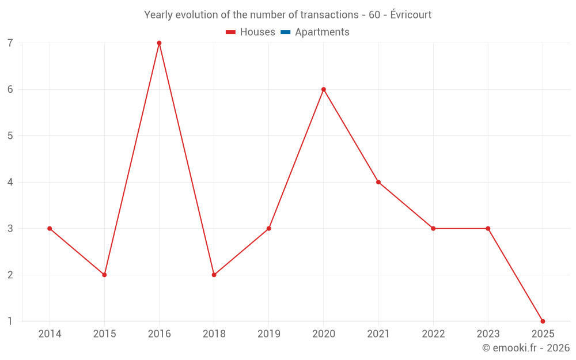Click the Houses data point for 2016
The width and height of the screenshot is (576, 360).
tap(159, 43)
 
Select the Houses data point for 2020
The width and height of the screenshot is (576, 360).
tap(324, 89)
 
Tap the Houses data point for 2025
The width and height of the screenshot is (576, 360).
tap(543, 321)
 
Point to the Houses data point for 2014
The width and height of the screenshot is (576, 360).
tap(50, 229)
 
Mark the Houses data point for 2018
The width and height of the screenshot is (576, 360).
tap(214, 275)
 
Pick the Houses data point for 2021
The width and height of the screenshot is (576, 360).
tap(378, 182)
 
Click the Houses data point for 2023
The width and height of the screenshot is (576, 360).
tap(488, 229)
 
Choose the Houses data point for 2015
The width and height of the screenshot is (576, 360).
tap(104, 275)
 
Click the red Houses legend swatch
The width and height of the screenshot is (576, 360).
tap(231, 32)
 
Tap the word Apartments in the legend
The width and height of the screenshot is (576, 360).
tap(322, 32)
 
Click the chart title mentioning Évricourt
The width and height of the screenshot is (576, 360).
tap(287, 15)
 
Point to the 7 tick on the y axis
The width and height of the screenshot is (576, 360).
tap(10, 43)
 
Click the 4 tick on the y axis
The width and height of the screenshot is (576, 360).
tap(10, 182)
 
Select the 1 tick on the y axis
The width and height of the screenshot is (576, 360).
tap(10, 321)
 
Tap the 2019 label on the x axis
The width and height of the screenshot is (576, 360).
tap(268, 334)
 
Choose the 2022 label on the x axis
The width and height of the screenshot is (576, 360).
tap(433, 334)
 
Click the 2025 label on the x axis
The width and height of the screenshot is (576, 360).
tap(543, 334)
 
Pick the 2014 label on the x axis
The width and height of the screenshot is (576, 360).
tap(50, 334)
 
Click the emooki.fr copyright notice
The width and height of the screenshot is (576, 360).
tap(525, 348)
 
